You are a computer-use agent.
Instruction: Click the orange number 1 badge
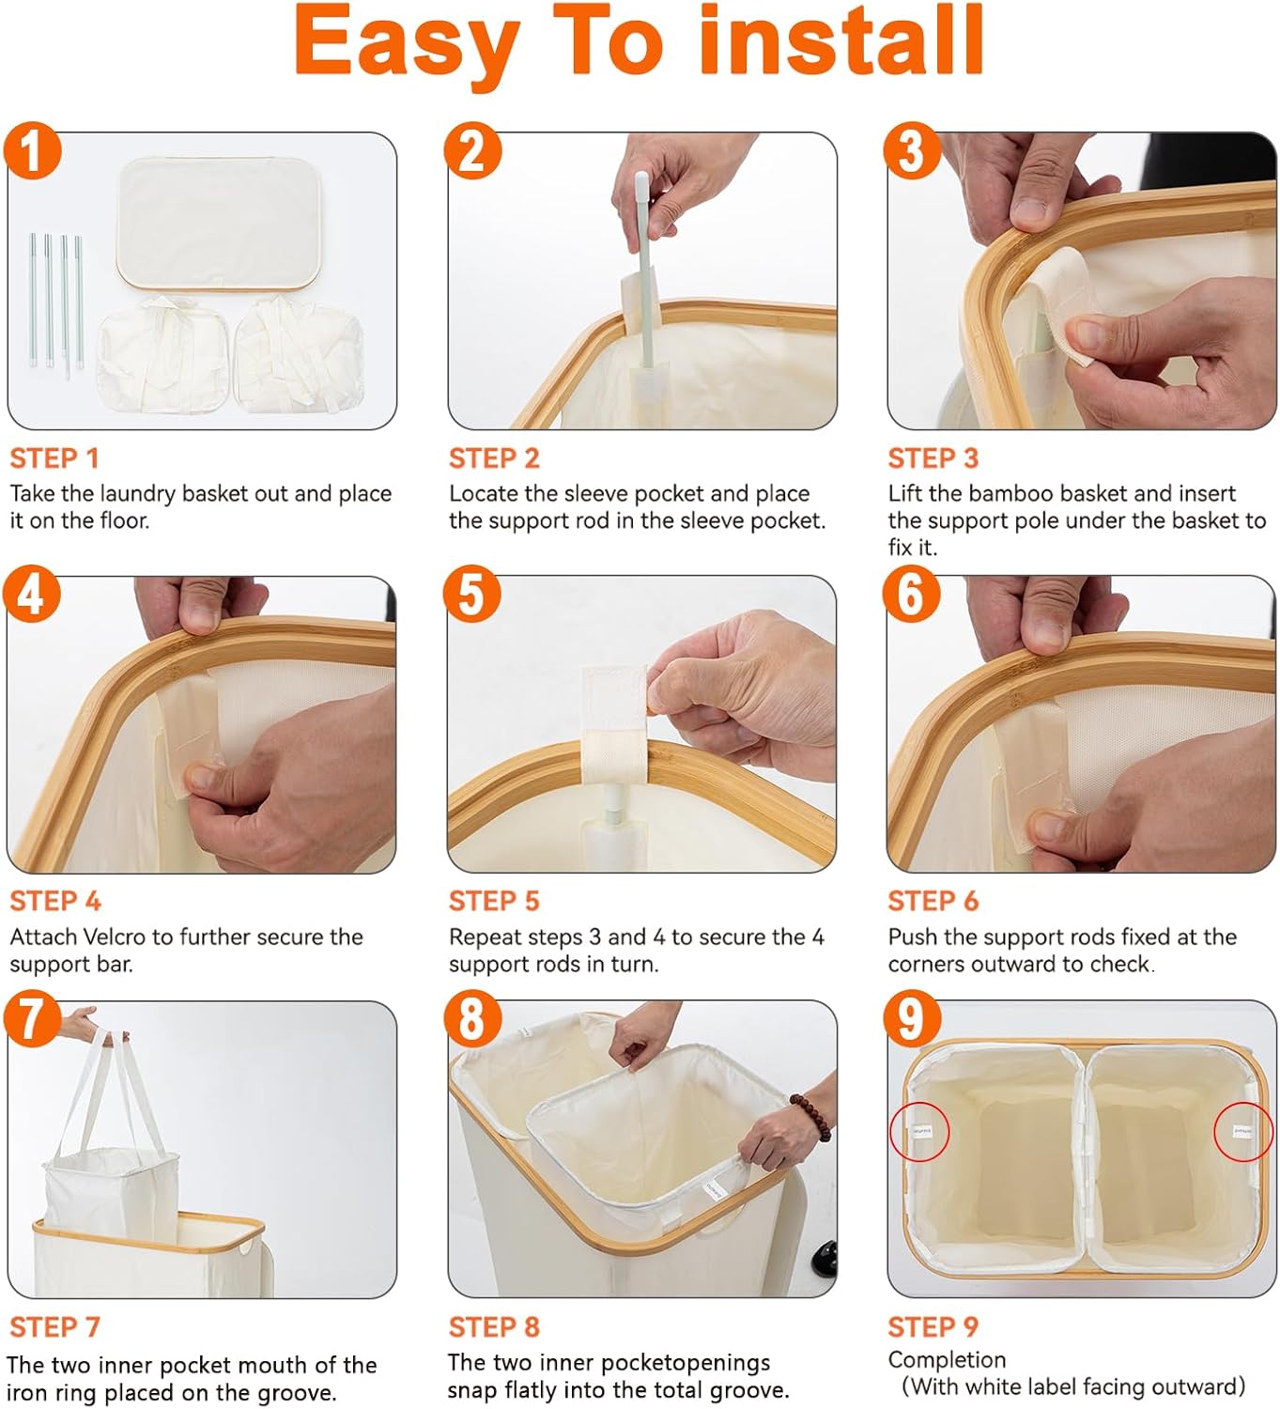pyautogui.click(x=32, y=150)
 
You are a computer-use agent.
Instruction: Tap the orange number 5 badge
pyautogui.click(x=472, y=594)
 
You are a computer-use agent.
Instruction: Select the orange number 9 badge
pyautogui.click(x=912, y=1019)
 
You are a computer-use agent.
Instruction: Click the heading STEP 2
pyautogui.click(x=494, y=458)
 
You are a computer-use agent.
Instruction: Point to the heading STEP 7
pyautogui.click(x=54, y=1327)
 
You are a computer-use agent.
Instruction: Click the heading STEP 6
pyautogui.click(x=933, y=901)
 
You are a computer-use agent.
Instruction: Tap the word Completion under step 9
pyautogui.click(x=947, y=1360)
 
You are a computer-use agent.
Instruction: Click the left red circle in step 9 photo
pyautogui.click(x=918, y=1132)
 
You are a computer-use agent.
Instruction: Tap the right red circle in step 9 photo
pyautogui.click(x=1242, y=1131)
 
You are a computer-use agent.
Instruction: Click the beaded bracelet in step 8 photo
pyautogui.click(x=812, y=1116)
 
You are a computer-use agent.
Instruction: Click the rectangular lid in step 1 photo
pyautogui.click(x=220, y=225)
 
